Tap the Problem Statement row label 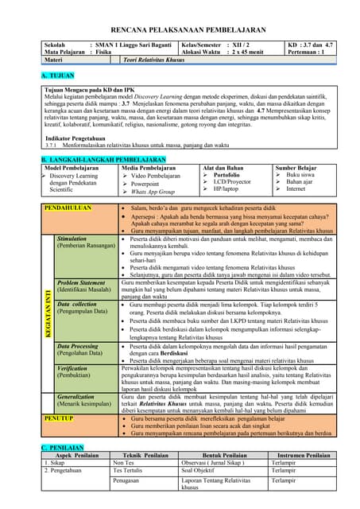81,282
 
